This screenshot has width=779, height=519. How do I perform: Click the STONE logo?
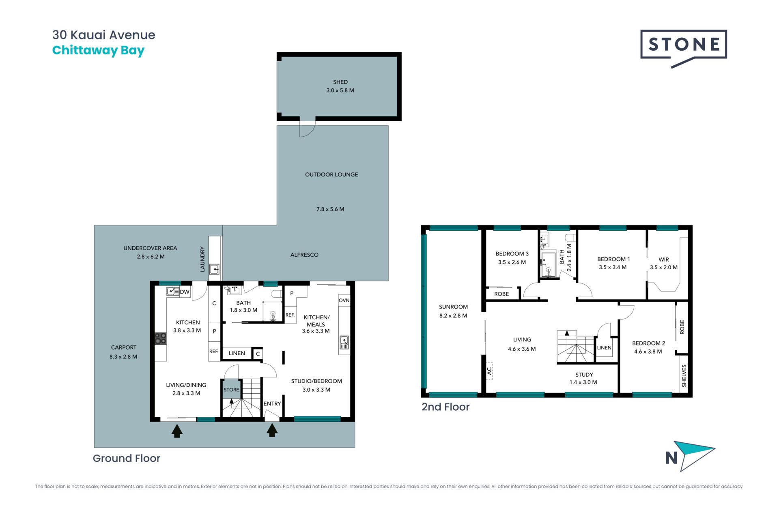pos(684,45)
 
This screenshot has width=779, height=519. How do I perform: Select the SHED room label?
pos(340,82)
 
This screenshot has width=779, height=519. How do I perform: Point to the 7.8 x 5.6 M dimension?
pos(330,209)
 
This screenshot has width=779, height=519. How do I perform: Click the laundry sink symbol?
pos(214,269)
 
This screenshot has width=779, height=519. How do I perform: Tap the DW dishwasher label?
pos(185,292)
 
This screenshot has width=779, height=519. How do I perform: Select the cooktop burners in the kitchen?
pos(160,339)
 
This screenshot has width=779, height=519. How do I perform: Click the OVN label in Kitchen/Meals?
pos(344,300)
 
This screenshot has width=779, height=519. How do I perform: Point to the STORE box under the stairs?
pos(231,389)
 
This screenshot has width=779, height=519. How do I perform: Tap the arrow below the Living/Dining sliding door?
pos(177,431)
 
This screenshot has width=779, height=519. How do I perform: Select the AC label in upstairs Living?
pos(489,371)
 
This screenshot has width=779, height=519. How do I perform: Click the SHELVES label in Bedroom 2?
pos(684,375)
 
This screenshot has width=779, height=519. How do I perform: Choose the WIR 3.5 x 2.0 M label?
pos(664,263)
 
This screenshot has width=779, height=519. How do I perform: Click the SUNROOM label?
pos(453,307)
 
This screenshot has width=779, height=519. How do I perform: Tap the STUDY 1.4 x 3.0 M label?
pos(583,378)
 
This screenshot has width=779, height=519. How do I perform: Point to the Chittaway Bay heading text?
pos(98,50)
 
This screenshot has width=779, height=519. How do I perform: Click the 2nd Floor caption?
pos(445,407)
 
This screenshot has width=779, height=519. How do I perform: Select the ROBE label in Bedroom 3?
pos(501,294)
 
